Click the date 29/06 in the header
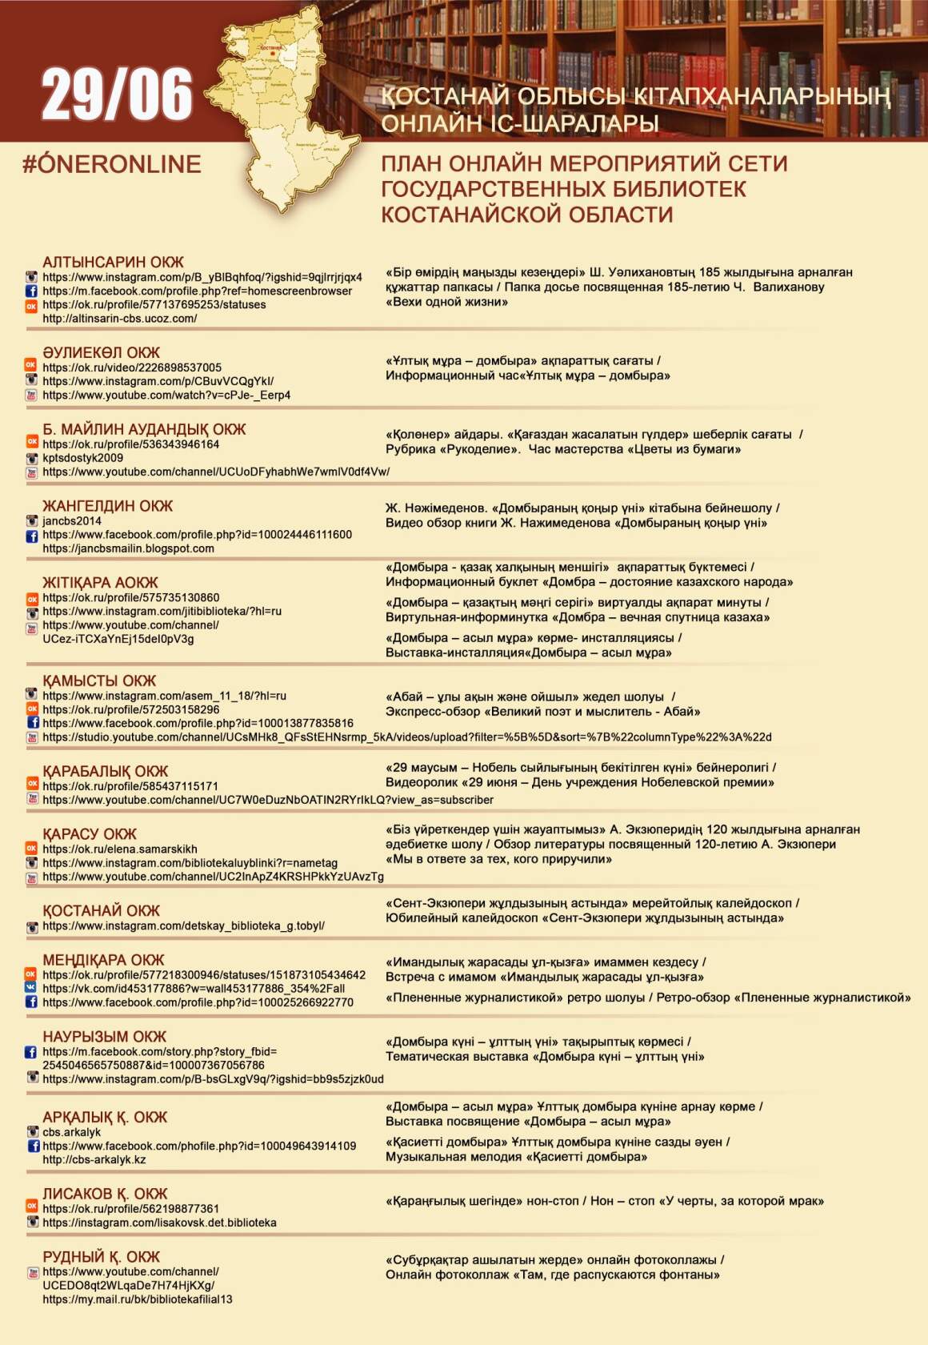coord(117,94)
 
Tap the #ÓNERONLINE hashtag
coord(112,164)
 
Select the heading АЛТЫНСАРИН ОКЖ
coord(113,262)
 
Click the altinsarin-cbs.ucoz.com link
coord(120,318)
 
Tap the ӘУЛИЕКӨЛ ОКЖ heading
coord(101,352)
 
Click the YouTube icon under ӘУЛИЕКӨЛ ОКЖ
coord(32,395)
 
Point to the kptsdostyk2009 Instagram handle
coord(83,458)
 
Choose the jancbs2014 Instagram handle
coord(72,520)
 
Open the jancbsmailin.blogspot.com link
coord(128,548)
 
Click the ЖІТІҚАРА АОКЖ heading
coord(100,582)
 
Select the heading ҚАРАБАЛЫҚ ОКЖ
coord(106,771)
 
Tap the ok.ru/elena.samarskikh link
coord(120,849)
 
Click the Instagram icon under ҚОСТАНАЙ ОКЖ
coord(32,926)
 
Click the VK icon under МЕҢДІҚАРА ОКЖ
coord(32,988)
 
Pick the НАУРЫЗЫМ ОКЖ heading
coord(104,1036)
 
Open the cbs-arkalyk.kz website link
coord(94,1159)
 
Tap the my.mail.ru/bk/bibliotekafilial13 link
coord(138,1299)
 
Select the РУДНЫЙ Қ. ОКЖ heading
coord(101,1256)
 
